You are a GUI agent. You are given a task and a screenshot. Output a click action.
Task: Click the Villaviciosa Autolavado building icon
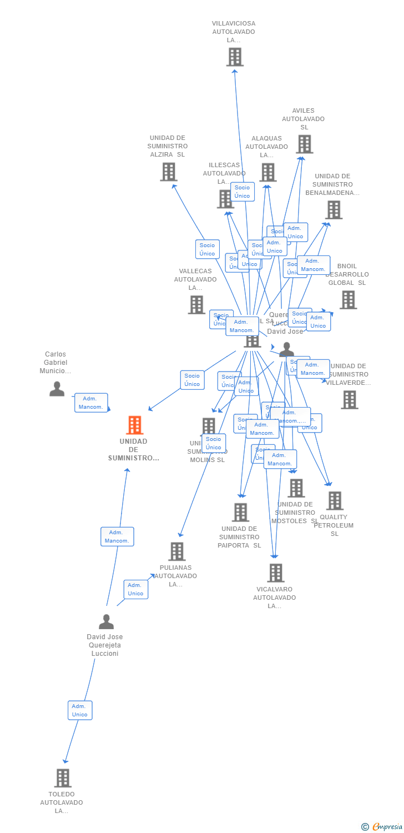point(235,57)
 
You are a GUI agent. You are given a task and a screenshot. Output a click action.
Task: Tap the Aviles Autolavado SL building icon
point(304,144)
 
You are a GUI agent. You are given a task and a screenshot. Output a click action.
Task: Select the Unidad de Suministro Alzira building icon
point(169,172)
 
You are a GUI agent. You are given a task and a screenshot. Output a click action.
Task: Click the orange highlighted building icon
point(134,425)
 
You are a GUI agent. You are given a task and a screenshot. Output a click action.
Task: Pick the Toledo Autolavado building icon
point(63,778)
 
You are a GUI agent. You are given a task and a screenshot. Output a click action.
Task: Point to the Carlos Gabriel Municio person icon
point(57,389)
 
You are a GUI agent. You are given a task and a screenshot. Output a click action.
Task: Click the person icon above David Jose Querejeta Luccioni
point(106,621)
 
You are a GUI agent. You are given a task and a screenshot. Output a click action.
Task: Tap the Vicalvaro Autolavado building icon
point(276,573)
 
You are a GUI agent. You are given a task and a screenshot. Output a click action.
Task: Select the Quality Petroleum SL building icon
point(335,500)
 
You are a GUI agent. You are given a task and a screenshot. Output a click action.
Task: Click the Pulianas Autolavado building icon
point(177,551)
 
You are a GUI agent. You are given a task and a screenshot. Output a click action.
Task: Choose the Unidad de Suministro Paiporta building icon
point(240,512)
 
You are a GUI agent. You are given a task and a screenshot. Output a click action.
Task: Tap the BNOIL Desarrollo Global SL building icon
point(348,300)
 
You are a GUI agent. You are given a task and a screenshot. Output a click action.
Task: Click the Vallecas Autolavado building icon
point(196,304)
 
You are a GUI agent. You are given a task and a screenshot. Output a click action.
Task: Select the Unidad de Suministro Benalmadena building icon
point(334,210)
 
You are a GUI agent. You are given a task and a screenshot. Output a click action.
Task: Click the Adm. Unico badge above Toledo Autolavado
point(80,710)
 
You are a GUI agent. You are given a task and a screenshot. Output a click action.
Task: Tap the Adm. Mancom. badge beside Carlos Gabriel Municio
point(91,403)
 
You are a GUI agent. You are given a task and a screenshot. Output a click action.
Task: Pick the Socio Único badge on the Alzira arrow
point(207,249)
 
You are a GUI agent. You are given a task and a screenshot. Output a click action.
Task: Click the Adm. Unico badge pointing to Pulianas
point(135,589)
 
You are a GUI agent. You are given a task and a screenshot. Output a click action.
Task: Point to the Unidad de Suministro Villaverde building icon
point(349,399)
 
